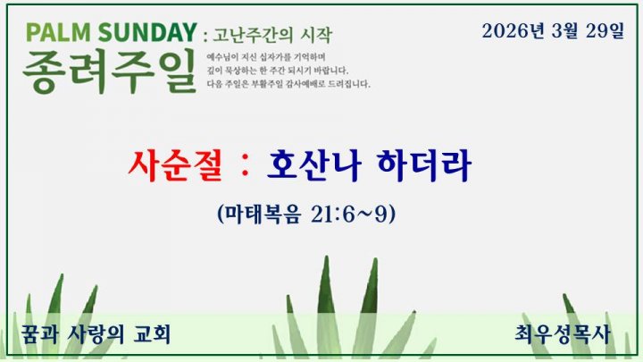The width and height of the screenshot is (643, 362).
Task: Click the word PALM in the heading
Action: click(x=58, y=32)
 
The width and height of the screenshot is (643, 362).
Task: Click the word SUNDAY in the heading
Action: click(x=147, y=32)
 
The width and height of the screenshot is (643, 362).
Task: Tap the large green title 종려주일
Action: click(x=109, y=71)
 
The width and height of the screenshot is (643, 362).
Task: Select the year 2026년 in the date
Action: click(x=513, y=30)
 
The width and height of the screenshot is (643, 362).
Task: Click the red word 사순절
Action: click(x=175, y=165)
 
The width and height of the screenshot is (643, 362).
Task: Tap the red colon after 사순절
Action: click(x=246, y=166)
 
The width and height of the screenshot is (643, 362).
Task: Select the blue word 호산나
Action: click(x=314, y=165)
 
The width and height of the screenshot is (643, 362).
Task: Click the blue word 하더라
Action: click(x=424, y=165)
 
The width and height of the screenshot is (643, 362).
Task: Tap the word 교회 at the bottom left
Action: click(x=152, y=333)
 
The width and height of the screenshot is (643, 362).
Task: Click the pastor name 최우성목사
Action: click(x=563, y=333)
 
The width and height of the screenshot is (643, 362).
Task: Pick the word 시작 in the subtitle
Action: click(x=316, y=35)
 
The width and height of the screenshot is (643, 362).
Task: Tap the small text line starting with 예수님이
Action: click(x=266, y=57)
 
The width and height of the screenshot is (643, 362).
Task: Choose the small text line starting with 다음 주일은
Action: click(x=288, y=84)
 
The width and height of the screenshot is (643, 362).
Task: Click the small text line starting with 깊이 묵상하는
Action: click(x=278, y=71)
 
